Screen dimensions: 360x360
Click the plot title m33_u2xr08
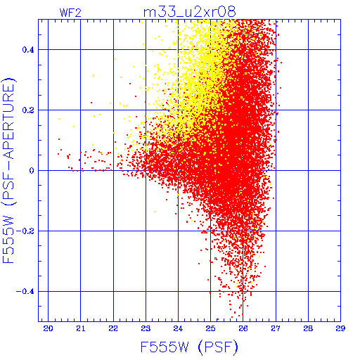coord(190,12)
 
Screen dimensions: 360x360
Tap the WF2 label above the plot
coord(70,13)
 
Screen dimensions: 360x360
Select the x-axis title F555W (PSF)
coord(189,347)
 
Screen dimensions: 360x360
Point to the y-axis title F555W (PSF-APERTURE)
coord(8,170)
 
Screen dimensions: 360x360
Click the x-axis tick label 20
coord(48,328)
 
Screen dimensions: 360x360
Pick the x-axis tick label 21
coord(80,328)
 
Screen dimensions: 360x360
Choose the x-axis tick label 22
coord(113,328)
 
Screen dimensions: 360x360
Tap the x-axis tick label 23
coord(146,328)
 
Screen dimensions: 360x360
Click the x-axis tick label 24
coord(178,328)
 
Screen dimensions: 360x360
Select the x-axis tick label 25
coord(210,328)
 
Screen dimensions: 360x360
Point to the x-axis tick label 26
coord(243,328)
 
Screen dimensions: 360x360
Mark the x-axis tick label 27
coord(276,328)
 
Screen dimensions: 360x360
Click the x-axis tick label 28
coord(308,328)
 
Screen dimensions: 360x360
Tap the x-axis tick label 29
coord(340,328)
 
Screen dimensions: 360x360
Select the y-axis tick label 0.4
coord(28,49)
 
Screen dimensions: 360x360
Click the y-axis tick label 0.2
coord(28,110)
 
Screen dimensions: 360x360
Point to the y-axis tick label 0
coord(32,171)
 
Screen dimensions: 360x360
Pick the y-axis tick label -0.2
coord(25,231)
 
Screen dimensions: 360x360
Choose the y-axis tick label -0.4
coord(25,292)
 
